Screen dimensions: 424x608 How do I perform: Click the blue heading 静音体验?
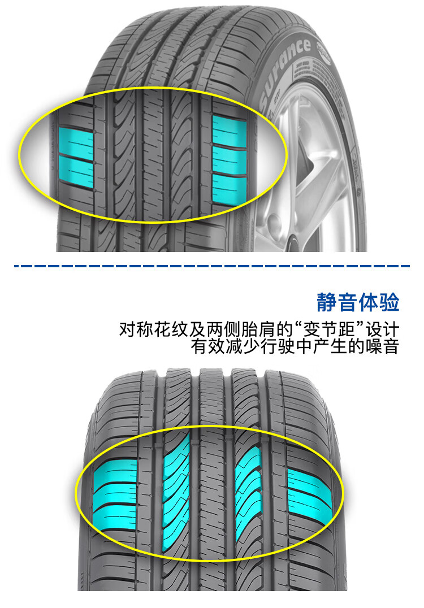(358, 302)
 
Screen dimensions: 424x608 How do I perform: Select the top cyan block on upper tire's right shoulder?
(228, 131)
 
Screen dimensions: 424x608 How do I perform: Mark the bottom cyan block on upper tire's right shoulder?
(228, 188)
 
